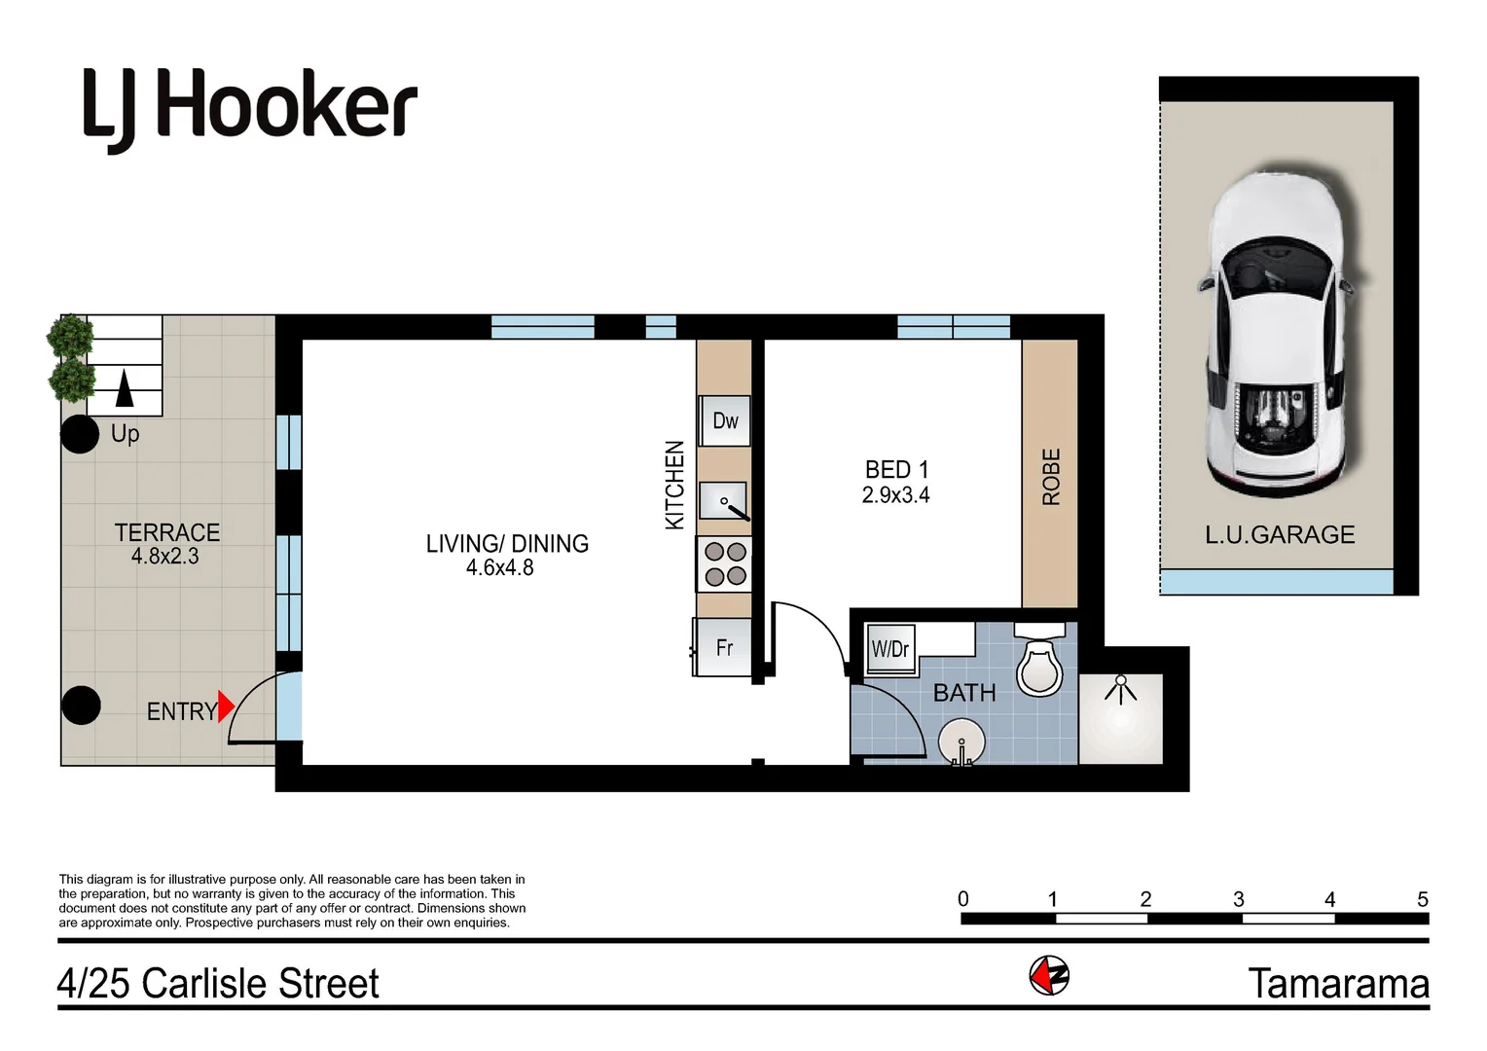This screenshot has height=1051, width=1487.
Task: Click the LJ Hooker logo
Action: [250, 108]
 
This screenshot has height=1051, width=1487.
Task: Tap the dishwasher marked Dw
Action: [725, 420]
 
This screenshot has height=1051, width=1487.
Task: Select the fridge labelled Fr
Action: [723, 647]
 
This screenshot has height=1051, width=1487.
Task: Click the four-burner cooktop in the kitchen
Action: [725, 564]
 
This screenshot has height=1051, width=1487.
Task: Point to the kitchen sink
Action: [723, 502]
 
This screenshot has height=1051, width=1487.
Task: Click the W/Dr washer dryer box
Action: [890, 648]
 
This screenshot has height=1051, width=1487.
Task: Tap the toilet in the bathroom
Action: [1039, 663]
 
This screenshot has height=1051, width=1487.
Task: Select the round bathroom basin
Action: [961, 743]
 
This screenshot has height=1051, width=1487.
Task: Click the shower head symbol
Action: [1121, 689]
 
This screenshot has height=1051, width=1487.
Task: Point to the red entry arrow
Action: [226, 706]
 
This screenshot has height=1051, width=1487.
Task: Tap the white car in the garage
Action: [1276, 331]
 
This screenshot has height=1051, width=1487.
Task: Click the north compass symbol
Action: [1049, 974]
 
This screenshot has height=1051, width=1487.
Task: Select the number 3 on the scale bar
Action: [1238, 899]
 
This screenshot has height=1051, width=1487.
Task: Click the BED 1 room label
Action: [896, 470]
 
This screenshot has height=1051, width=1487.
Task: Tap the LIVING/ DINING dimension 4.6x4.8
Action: [499, 568]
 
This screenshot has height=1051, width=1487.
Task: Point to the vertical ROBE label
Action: [1051, 477]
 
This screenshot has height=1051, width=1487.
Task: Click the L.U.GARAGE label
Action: [1280, 534]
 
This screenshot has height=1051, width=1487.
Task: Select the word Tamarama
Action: [1338, 984]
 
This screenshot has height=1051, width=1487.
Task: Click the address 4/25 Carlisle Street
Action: [218, 984]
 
